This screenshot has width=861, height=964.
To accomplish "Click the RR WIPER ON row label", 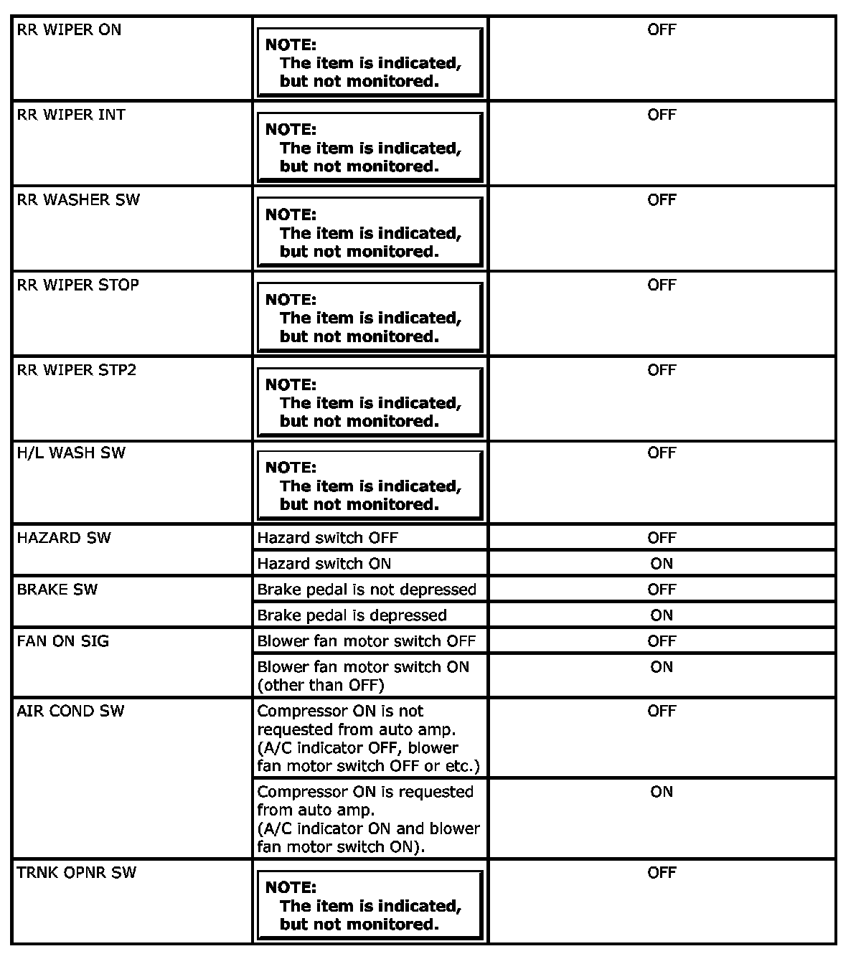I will click(69, 30).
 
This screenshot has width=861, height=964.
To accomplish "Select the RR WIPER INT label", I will click(71, 115).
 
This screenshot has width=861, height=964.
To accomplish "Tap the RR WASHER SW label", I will click(78, 200).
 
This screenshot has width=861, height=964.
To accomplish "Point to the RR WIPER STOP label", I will click(77, 285).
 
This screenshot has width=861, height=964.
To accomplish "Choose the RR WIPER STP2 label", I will click(76, 370).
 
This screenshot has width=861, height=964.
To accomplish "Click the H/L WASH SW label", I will click(71, 453).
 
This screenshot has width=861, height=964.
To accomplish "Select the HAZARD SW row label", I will click(64, 538).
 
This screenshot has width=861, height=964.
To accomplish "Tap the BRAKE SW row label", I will click(57, 590).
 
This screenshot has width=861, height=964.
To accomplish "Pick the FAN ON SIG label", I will click(63, 641).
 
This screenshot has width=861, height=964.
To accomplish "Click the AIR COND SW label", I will click(70, 711).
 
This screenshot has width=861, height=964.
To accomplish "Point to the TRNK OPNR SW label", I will click(76, 873).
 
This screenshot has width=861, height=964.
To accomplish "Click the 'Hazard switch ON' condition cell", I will click(324, 564).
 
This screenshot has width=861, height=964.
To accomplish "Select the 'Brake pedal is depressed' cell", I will click(352, 615).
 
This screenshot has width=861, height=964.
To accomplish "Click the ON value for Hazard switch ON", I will click(662, 564).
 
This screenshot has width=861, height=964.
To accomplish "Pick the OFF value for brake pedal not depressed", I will click(662, 590).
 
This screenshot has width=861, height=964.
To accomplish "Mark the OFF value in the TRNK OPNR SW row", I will click(662, 873).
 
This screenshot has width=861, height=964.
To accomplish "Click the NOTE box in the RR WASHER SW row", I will click(370, 232).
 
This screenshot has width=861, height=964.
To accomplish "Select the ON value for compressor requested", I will click(662, 792).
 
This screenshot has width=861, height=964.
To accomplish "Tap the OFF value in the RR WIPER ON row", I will click(662, 30).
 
